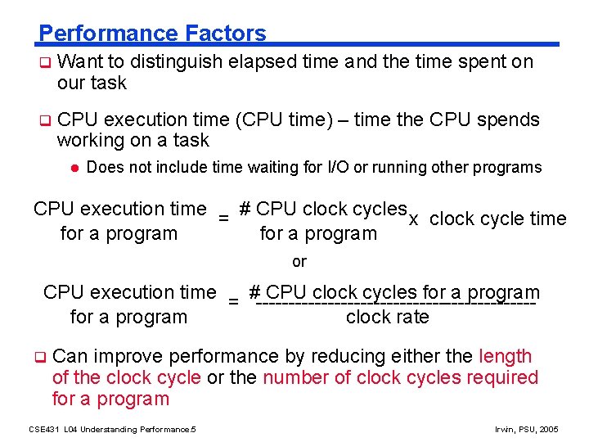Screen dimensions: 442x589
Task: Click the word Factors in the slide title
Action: coord(226,34)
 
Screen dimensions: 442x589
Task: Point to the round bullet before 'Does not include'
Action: coord(73,168)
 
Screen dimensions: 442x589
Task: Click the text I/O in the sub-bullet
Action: coord(339,168)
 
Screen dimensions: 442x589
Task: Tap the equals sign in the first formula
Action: coord(223,218)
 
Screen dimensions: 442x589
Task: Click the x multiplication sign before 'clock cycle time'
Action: coord(414,219)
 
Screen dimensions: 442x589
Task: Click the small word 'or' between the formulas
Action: coord(299,262)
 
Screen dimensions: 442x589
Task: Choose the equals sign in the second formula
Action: coord(233,301)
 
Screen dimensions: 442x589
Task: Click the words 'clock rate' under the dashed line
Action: coord(387,317)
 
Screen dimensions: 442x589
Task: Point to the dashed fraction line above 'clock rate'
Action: coord(395,304)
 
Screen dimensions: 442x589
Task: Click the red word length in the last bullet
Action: coord(505,356)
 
